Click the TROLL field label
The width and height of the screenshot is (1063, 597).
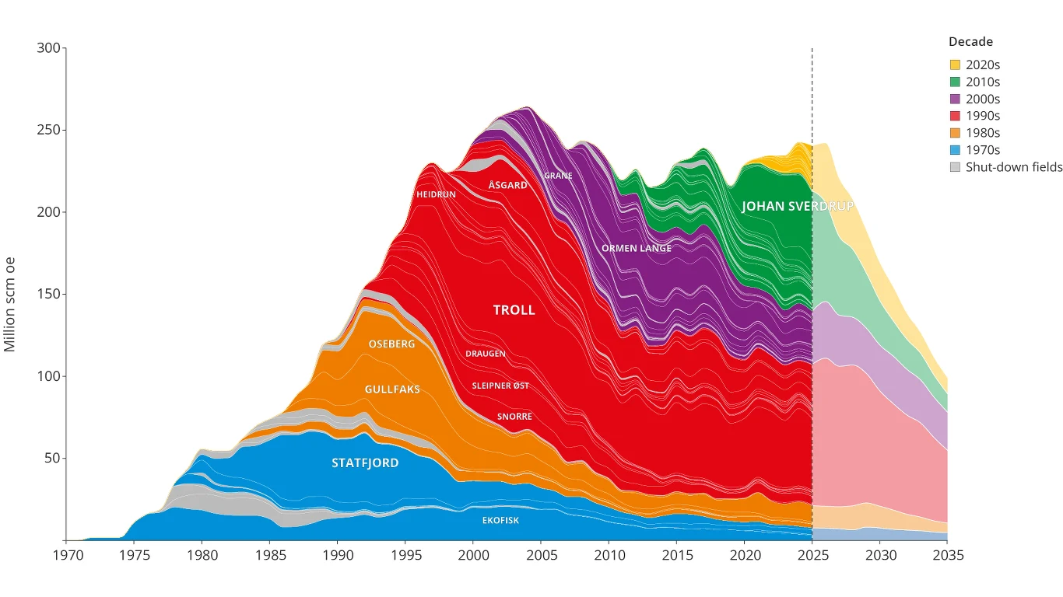pyautogui.click(x=514, y=310)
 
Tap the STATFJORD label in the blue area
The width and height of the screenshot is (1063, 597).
pyautogui.click(x=365, y=463)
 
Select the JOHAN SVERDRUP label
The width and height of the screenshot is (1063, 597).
pyautogui.click(x=797, y=206)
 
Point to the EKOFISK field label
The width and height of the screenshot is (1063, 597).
pyautogui.click(x=500, y=520)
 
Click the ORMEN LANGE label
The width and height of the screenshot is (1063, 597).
pyautogui.click(x=637, y=248)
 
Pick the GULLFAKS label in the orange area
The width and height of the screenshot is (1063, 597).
pyautogui.click(x=392, y=389)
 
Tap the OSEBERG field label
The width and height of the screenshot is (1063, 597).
pyautogui.click(x=391, y=344)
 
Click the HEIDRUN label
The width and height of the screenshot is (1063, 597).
pyautogui.click(x=436, y=194)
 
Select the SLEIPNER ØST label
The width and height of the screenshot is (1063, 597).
pyautogui.click(x=500, y=386)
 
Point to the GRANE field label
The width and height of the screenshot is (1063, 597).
pyautogui.click(x=558, y=176)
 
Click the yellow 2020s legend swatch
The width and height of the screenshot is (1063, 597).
pyautogui.click(x=955, y=65)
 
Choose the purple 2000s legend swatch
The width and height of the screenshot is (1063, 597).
pyautogui.click(x=955, y=99)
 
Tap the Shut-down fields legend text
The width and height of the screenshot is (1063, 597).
pyautogui.click(x=1014, y=167)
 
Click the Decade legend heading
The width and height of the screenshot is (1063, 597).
pyautogui.click(x=970, y=42)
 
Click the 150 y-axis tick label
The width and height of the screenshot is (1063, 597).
pyautogui.click(x=48, y=294)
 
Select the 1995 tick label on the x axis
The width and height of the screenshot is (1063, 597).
pyautogui.click(x=405, y=555)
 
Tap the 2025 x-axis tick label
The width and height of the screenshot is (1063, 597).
pyautogui.click(x=813, y=555)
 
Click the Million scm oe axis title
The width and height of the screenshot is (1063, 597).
pyautogui.click(x=10, y=305)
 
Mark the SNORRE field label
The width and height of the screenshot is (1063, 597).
pyautogui.click(x=514, y=417)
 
